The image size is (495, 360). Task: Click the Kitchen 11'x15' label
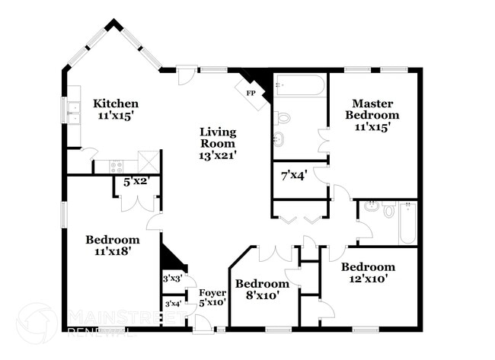pyautogui.click(x=116, y=110)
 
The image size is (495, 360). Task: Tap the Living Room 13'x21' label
pyautogui.click(x=218, y=142)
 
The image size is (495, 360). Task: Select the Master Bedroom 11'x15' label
pyautogui.click(x=372, y=115)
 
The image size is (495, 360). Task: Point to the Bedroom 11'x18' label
pyautogui.click(x=112, y=245)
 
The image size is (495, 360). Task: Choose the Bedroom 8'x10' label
pyautogui.click(x=262, y=289)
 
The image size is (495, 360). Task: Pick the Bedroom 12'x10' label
pyautogui.click(x=368, y=272)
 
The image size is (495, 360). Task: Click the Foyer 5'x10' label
pyautogui.click(x=212, y=298)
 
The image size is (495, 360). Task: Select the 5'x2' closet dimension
pyautogui.click(x=136, y=182)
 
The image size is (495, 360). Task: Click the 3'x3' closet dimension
pyautogui.click(x=172, y=279)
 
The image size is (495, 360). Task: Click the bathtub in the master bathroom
pyautogui.click(x=300, y=85)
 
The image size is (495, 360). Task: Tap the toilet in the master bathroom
pyautogui.click(x=283, y=118)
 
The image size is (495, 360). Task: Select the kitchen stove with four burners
pyautogui.click(x=115, y=165)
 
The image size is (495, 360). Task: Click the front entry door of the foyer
pyautogui.click(x=203, y=325)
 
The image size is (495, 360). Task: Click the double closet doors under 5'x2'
pyautogui.click(x=138, y=203)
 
